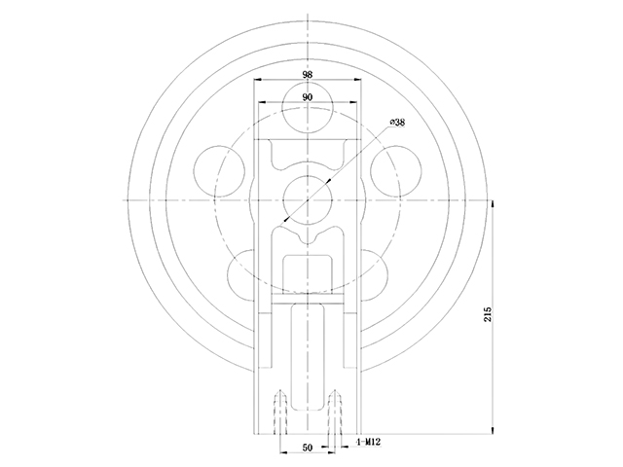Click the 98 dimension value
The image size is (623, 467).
(308, 74)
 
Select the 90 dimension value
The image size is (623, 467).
(308, 97)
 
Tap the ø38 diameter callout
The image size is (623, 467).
(397, 123)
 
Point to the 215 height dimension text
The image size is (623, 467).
(488, 314)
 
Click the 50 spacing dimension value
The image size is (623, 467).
(308, 448)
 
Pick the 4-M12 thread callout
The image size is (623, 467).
(369, 442)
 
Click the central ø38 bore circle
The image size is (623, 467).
(308, 199)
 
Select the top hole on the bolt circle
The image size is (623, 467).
(308, 107)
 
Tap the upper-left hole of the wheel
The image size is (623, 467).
(219, 171)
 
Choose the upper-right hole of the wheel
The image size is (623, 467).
(396, 171)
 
